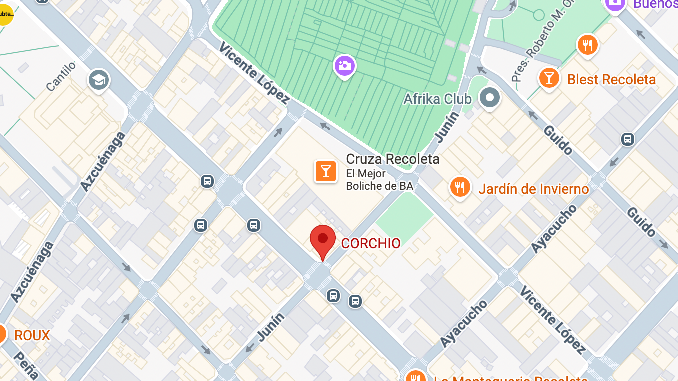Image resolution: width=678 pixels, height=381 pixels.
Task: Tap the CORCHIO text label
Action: (x=371, y=244)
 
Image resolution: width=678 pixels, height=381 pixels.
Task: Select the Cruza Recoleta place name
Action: (x=393, y=159)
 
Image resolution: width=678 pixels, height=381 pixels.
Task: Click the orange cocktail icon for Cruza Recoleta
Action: (x=325, y=171)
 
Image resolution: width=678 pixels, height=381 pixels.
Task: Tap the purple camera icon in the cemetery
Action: (x=344, y=65)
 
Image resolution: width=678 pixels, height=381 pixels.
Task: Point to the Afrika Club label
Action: (x=437, y=99)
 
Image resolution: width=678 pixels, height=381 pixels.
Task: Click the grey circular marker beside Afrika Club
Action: (x=489, y=97)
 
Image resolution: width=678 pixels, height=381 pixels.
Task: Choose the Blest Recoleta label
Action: (x=611, y=80)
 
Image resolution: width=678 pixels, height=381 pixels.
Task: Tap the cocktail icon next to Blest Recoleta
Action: (x=549, y=78)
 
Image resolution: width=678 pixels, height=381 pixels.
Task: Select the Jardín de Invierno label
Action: (x=534, y=189)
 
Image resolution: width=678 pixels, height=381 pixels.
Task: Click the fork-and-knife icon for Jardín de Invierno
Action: (x=459, y=187)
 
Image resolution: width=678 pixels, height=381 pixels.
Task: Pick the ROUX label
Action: (x=32, y=336)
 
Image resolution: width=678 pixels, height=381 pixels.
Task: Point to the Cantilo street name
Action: (x=61, y=76)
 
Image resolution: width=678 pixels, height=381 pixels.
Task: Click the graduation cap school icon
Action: (x=99, y=80)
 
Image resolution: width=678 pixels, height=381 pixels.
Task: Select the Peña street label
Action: (x=26, y=365)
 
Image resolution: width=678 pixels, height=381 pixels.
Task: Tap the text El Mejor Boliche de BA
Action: (x=380, y=180)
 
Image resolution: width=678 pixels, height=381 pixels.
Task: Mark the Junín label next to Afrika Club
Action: (x=448, y=127)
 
